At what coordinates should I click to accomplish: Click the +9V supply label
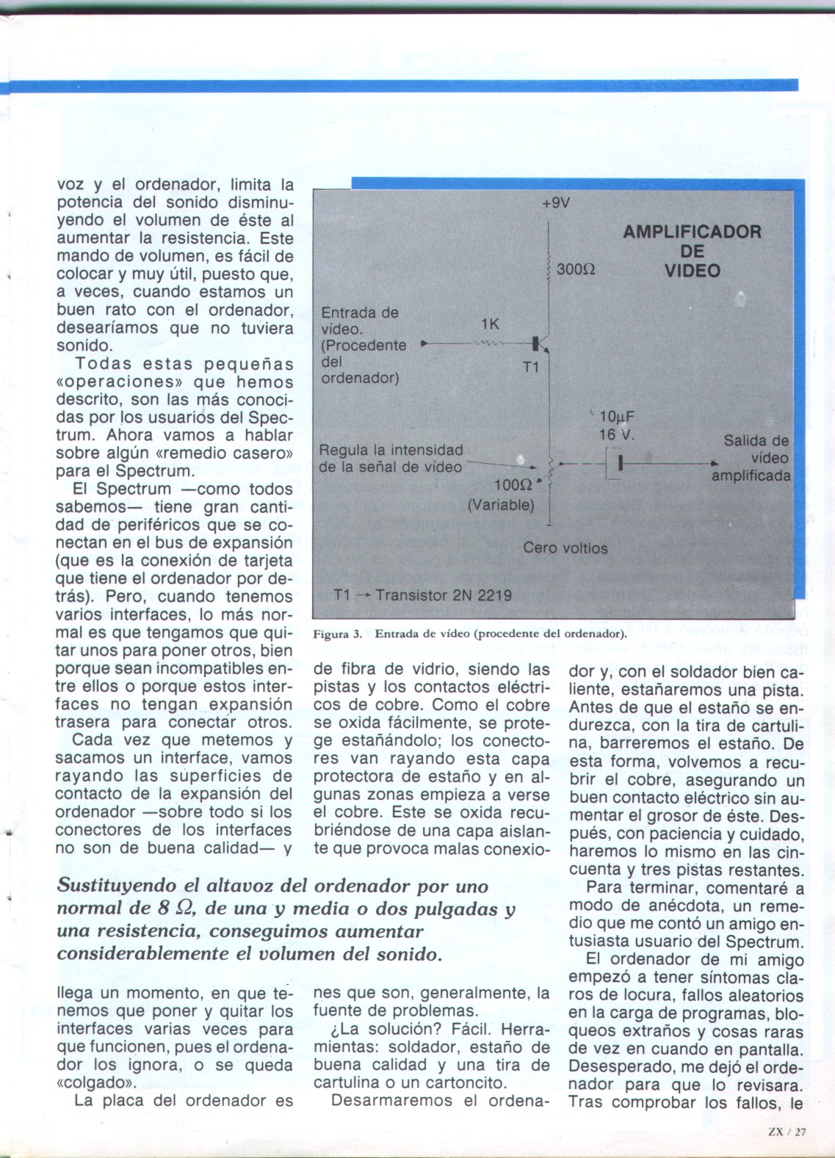[555, 203]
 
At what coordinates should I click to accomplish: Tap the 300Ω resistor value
[576, 269]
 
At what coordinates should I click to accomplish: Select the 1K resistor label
[491, 324]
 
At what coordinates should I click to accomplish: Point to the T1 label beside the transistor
[531, 366]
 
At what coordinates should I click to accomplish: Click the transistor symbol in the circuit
[540, 343]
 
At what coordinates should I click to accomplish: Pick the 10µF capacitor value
[616, 418]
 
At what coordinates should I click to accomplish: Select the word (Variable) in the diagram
[501, 505]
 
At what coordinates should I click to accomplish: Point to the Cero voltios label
[565, 548]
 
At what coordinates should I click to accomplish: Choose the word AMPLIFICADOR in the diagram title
[692, 233]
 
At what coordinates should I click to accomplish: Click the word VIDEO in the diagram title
[692, 271]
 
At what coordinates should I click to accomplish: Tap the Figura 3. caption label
[338, 634]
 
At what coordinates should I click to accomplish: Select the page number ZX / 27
[787, 1131]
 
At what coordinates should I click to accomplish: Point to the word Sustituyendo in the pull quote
[117, 886]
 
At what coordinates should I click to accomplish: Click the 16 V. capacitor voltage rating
[617, 434]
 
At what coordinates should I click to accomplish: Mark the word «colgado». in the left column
[92, 1083]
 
